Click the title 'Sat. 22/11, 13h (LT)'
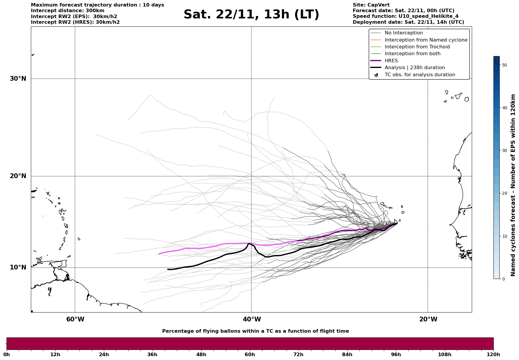coord(251,15)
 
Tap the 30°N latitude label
coord(18,79)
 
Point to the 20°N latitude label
coord(18,176)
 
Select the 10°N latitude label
coord(18,267)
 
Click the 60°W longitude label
coord(75,319)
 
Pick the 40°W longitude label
coord(252,319)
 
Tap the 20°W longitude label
coord(428,319)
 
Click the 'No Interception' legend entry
coord(404,33)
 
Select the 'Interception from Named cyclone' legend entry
coord(426,40)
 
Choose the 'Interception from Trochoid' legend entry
coord(417,47)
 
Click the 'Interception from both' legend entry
coord(412,54)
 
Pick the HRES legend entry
coord(391,61)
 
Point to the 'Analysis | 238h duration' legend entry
coord(414,68)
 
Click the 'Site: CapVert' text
coord(371,5)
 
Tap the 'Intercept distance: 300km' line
coord(67,11)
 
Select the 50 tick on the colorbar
coord(504,65)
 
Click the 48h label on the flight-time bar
coord(201,354)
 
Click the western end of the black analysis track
coord(168,269)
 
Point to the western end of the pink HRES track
coord(159,254)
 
